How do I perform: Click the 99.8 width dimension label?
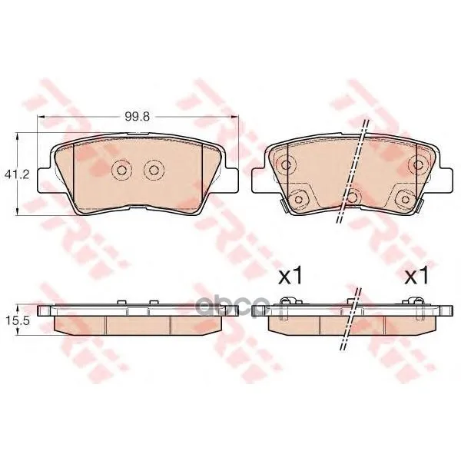(x=138, y=117)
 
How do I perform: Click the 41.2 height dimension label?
(x=17, y=175)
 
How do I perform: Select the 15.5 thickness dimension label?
(x=17, y=320)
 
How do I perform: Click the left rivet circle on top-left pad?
(x=122, y=170)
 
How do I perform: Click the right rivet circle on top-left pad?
(x=154, y=170)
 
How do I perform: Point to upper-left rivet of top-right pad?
(x=286, y=164)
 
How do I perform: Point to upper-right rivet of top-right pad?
(x=417, y=164)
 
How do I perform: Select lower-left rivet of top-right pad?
(x=298, y=200)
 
